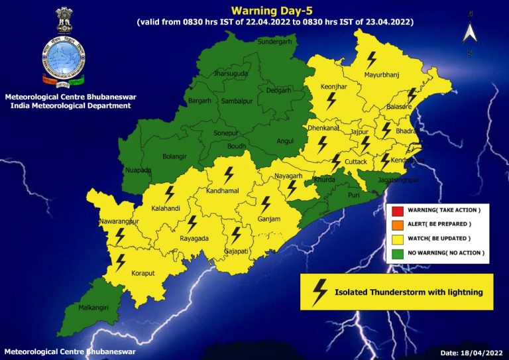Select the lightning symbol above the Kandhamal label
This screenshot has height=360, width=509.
229,175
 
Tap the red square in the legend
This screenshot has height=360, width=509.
397,210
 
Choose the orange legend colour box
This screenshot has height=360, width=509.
397,224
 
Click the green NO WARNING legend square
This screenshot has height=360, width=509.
397,253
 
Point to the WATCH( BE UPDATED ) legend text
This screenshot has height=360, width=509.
439,239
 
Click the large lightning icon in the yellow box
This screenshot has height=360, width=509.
320,291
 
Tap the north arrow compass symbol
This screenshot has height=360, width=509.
469,32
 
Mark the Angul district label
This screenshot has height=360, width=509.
285,141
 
